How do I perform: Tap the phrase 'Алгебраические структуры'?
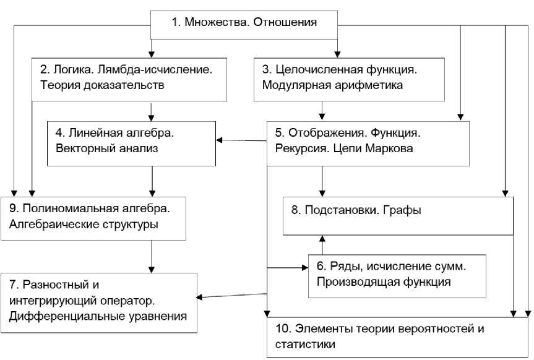[x=84, y=224]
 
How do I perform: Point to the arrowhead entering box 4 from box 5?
[x=220, y=140]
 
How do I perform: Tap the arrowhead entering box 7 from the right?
[x=200, y=298]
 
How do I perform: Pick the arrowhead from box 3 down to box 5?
[x=322, y=115]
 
